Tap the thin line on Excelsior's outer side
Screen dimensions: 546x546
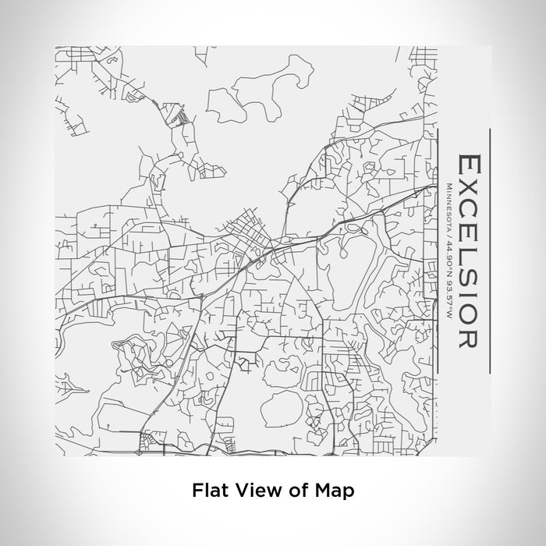[489, 250]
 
